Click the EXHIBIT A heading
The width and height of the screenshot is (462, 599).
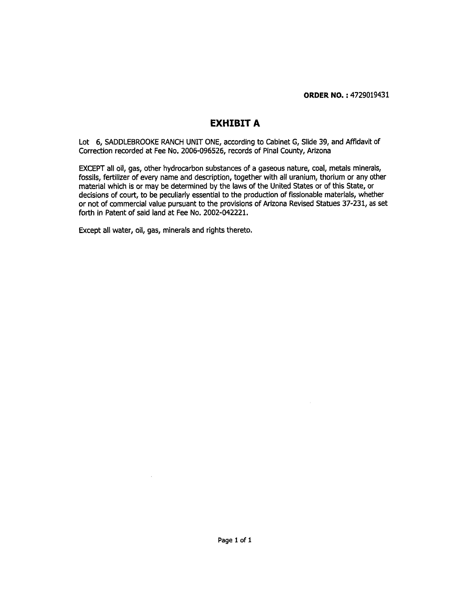235,123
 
